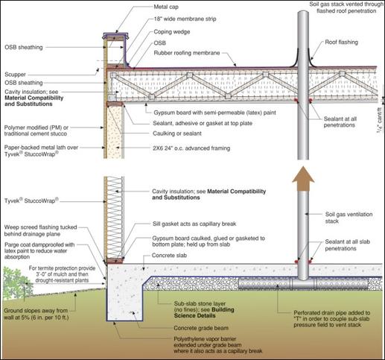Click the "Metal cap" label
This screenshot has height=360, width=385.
(166, 7)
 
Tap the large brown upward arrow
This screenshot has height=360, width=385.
(303, 178)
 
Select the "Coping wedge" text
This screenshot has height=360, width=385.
(172, 32)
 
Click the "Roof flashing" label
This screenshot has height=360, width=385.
(341, 42)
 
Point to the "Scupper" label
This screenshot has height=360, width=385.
(15, 75)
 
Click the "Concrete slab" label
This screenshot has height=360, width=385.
(169, 256)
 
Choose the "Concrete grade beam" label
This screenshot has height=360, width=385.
(201, 328)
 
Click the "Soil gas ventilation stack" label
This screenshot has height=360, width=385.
(349, 218)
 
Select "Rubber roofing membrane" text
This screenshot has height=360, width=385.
(187, 53)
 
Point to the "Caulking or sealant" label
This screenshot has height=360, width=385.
(177, 133)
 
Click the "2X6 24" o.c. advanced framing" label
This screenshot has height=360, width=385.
(191, 148)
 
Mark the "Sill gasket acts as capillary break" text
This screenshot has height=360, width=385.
(194, 224)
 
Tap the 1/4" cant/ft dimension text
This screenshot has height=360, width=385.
(379, 121)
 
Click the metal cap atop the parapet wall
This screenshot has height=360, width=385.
(115, 37)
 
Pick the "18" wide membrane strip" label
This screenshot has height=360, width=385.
(185, 19)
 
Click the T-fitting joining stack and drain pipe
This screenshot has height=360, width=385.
(303, 283)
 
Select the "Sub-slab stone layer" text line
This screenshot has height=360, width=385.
(200, 303)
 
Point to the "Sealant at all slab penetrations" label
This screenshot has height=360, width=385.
(348, 245)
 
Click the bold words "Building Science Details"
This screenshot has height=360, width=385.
(204, 313)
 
